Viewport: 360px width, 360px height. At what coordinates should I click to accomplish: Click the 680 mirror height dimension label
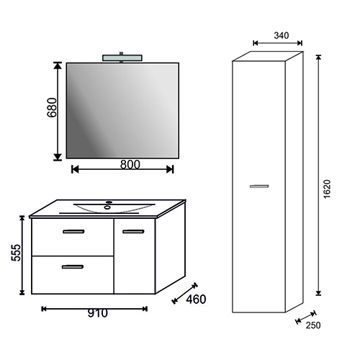point(52,107)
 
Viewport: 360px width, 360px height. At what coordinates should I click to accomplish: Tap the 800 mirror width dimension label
point(130,165)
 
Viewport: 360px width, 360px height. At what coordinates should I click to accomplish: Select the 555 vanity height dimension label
point(17,253)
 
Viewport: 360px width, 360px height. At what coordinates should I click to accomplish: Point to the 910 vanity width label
point(98,313)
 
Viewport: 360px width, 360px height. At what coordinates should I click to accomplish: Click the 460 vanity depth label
point(196,300)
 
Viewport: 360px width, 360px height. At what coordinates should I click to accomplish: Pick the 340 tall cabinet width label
point(282,35)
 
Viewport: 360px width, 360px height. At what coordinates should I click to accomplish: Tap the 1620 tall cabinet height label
point(327,189)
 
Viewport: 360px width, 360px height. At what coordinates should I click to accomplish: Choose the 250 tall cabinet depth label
point(313,325)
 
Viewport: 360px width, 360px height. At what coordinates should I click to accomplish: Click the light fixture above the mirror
point(122,58)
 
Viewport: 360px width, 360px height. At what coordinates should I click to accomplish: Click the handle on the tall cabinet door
point(259,186)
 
